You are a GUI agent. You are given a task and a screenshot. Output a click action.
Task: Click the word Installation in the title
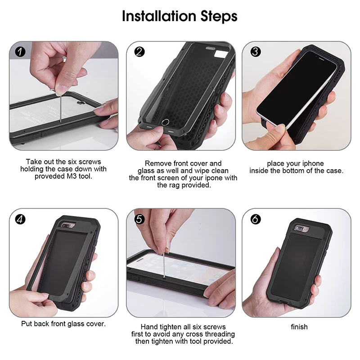point(159,16)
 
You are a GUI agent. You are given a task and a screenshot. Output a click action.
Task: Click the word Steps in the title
point(219,17)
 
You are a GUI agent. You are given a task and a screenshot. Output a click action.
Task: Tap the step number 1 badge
point(20,52)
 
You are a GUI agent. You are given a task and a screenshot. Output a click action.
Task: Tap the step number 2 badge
point(139,52)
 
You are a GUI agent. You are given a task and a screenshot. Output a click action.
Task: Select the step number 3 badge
point(256,52)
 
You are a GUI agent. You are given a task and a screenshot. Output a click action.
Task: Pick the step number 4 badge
point(20,219)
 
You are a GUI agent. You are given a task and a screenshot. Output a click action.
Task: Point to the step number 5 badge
point(139,219)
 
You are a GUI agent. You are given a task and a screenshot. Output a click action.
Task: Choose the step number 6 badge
point(256,219)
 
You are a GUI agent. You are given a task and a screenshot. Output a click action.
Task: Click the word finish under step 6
point(299,327)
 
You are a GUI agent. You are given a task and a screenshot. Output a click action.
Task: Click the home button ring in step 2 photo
point(165,122)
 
